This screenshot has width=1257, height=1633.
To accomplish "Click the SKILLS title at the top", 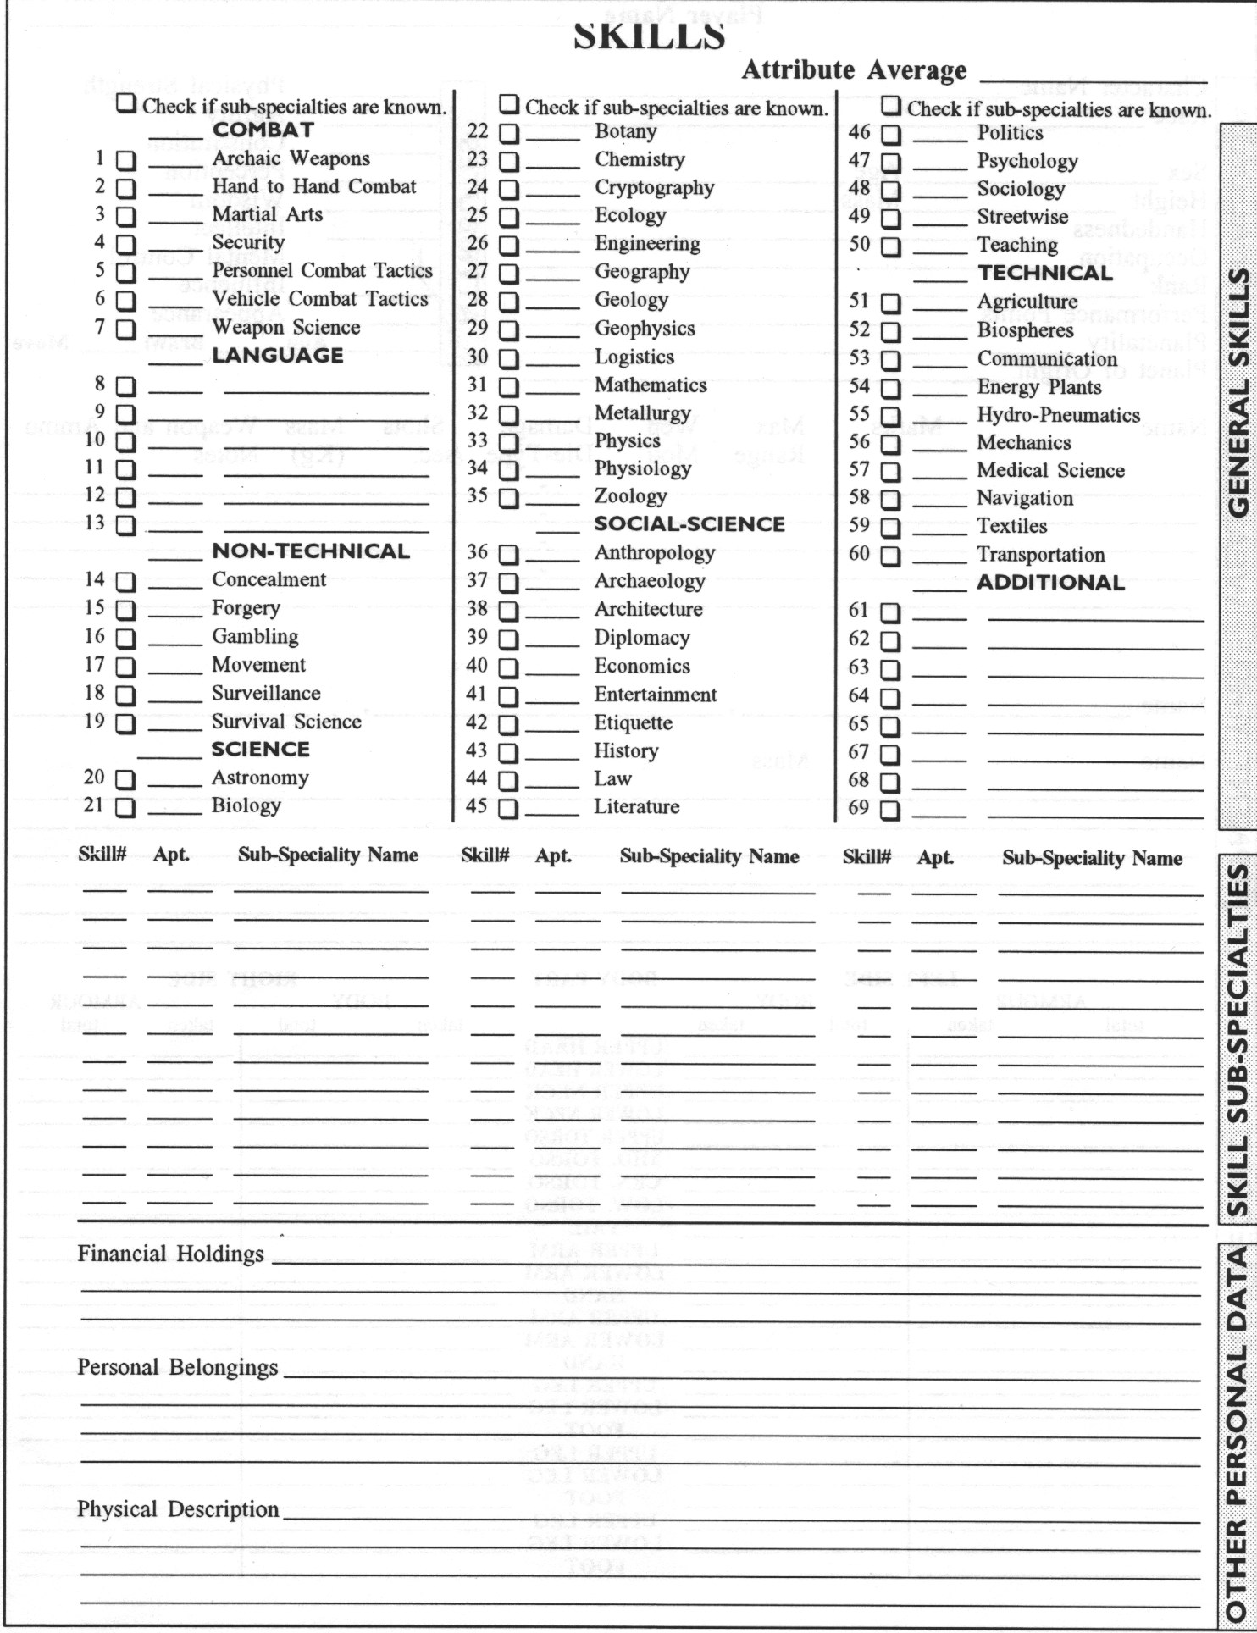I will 649,36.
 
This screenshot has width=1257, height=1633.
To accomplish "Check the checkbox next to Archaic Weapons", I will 125,161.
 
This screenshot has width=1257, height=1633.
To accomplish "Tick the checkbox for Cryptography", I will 508,190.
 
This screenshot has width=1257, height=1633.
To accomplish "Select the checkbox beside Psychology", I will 890,163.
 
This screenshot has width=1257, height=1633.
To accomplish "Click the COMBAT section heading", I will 263,130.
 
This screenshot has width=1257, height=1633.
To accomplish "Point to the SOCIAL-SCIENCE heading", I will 689,524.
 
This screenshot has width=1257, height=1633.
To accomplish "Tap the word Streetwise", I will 1022,217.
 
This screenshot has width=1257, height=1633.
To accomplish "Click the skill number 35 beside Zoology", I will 478,495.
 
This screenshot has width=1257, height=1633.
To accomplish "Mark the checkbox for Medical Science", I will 890,472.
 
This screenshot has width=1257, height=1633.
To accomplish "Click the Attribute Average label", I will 854,70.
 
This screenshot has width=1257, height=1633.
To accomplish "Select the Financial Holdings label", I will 171,1254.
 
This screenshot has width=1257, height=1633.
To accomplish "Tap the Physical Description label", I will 178,1509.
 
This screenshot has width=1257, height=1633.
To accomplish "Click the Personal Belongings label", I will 178,1367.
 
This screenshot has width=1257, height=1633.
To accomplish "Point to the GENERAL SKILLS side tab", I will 1238,392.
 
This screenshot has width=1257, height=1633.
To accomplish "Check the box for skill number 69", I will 890,810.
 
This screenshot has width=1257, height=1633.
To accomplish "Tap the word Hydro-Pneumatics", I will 1058,415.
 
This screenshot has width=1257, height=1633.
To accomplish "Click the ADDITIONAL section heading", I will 1050,583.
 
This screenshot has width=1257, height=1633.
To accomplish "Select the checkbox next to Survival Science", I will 125,724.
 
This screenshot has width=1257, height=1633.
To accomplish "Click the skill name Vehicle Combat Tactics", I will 320,299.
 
